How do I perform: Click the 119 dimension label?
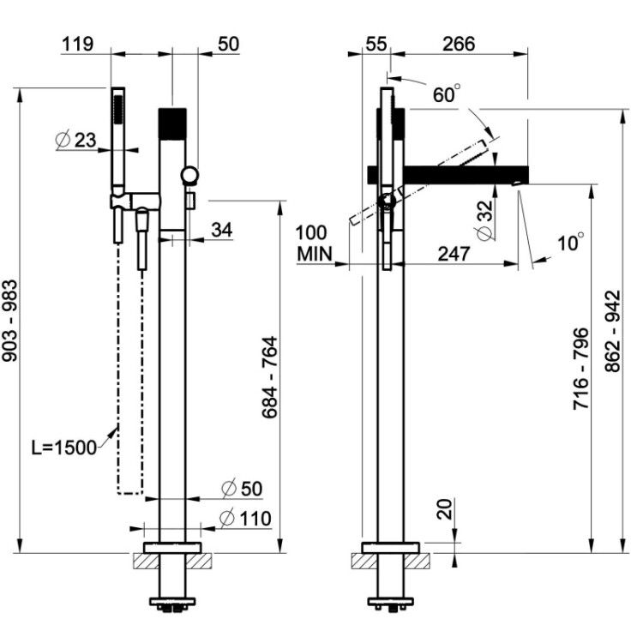click(x=77, y=44)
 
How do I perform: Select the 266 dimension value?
click(x=459, y=44)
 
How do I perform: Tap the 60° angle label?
click(x=447, y=94)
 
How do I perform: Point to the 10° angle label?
click(x=571, y=243)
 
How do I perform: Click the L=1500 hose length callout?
click(x=64, y=448)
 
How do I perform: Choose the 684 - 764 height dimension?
click(x=270, y=377)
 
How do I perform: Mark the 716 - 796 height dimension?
click(x=580, y=369)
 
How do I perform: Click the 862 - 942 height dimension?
click(x=614, y=331)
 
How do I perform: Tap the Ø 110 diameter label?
click(x=245, y=519)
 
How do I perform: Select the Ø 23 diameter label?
click(x=75, y=141)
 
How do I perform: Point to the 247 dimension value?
click(x=454, y=254)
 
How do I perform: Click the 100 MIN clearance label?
click(x=313, y=243)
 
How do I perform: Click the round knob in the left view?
click(x=189, y=175)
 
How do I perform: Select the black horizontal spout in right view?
click(x=448, y=174)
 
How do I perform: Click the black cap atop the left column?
click(x=172, y=123)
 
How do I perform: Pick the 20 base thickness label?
click(x=444, y=509)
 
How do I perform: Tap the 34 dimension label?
click(x=222, y=230)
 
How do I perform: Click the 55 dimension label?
click(x=376, y=44)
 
